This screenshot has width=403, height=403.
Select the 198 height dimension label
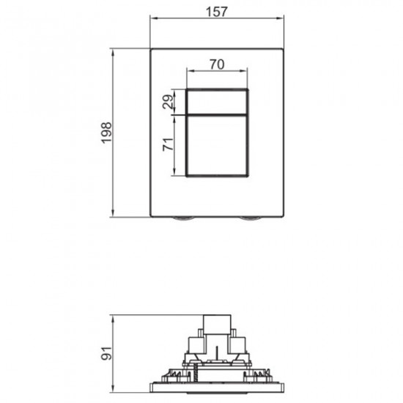coord(106,133)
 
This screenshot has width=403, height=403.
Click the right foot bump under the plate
coord(251,219)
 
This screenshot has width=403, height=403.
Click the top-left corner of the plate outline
coord(151,50)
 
